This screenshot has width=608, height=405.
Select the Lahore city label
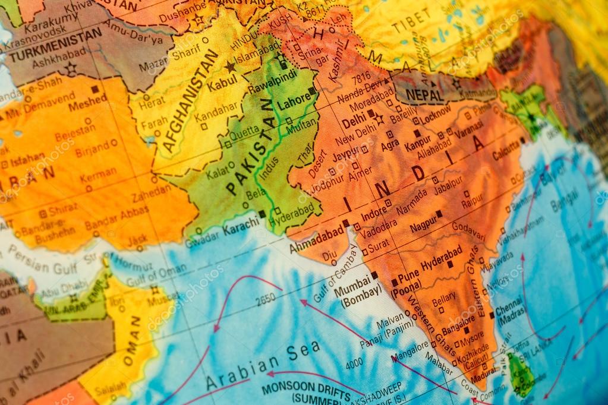294,102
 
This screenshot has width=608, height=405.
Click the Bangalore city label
458,324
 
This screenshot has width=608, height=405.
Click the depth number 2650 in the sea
265,300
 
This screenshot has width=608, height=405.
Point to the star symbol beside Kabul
230,67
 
